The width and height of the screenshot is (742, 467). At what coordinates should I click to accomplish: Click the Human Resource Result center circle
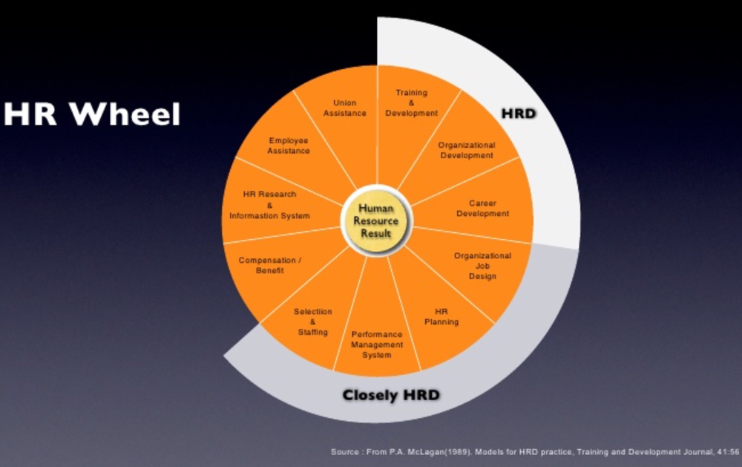click(375, 221)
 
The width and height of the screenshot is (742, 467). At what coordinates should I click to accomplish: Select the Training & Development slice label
click(411, 103)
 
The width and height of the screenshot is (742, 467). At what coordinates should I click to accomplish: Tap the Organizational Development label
click(466, 150)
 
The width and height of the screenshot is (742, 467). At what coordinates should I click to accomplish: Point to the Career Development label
click(482, 209)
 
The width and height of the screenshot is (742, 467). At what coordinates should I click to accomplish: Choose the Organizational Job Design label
click(482, 266)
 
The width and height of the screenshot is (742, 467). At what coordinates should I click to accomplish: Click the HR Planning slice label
click(441, 316)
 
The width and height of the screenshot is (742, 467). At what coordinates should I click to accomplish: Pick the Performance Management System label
click(377, 344)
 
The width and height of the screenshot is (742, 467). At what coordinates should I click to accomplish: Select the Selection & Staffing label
click(312, 321)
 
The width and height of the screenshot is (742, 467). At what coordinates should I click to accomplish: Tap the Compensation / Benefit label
click(269, 265)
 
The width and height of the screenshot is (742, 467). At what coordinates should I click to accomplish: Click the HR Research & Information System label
click(269, 205)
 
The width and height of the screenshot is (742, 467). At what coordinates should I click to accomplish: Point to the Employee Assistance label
click(289, 145)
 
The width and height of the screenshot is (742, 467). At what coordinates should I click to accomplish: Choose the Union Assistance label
click(345, 108)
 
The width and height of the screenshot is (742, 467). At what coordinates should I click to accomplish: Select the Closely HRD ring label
click(390, 395)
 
